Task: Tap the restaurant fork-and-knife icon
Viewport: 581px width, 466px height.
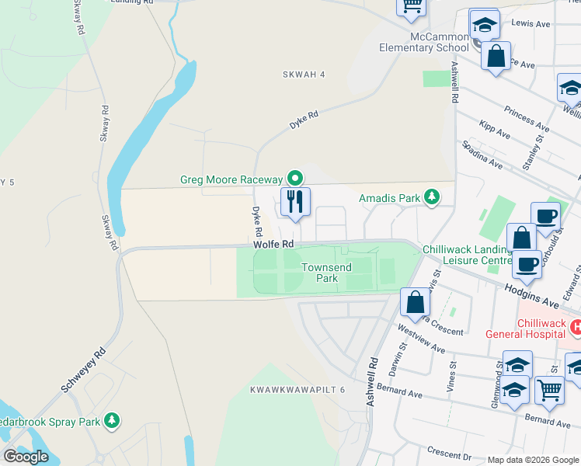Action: point(295,201)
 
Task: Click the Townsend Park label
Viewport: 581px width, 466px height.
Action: point(326,273)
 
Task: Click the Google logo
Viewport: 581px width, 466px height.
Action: point(26,457)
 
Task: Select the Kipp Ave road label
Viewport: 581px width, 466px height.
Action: point(494,130)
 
